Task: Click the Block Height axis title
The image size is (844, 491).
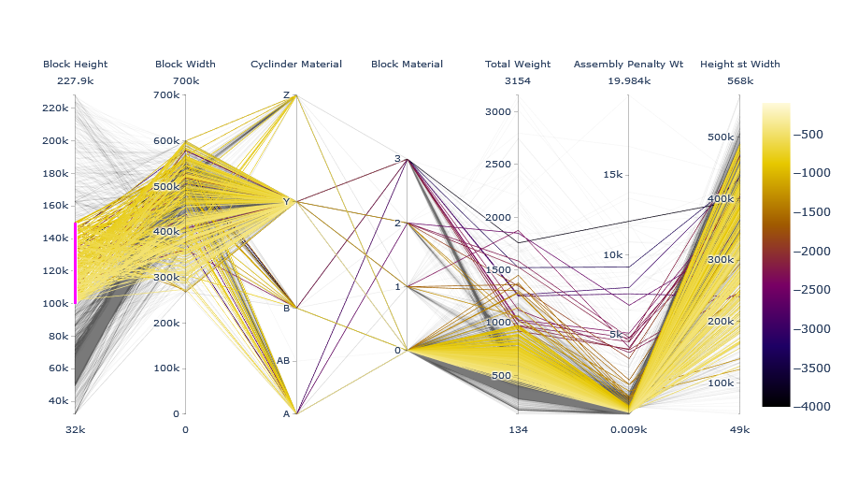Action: pos(75,65)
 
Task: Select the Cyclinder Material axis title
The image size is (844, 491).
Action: pos(296,65)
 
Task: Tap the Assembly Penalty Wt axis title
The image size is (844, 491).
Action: pos(628,65)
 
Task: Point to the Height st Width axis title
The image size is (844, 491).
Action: pos(739,65)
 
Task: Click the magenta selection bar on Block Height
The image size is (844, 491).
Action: pos(76,263)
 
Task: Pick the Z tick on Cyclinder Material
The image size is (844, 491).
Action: pos(286,95)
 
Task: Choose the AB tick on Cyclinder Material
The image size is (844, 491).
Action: pos(282,360)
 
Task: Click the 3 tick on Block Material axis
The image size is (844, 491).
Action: pos(397,159)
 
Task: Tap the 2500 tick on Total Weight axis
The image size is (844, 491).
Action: pos(498,165)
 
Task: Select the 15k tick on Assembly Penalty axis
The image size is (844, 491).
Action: pos(611,174)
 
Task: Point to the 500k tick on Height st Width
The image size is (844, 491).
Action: pos(721,137)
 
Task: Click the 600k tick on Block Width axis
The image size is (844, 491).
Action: pos(166,141)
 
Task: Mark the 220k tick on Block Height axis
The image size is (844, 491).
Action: pos(56,108)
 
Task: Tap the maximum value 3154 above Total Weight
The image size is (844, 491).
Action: pos(517,81)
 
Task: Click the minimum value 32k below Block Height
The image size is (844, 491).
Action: pos(75,429)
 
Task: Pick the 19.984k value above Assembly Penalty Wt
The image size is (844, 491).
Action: pos(628,81)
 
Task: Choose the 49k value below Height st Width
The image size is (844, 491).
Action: pos(739,429)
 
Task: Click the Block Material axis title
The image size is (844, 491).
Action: pos(407,65)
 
